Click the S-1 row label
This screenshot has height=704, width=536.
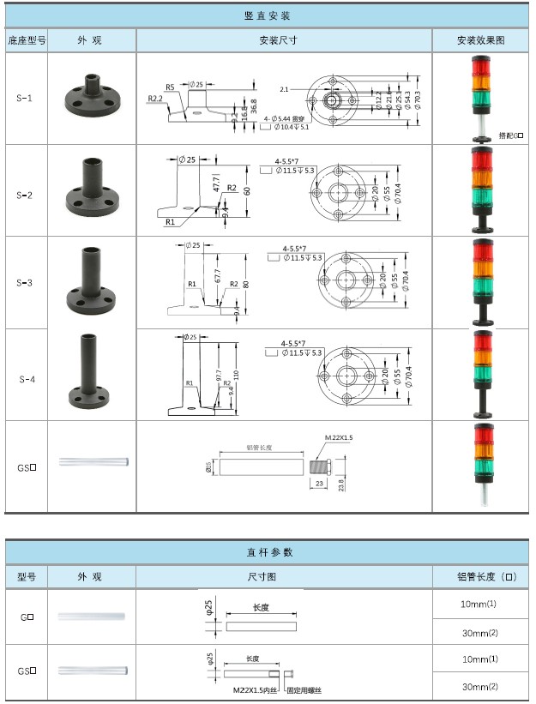click(x=25, y=99)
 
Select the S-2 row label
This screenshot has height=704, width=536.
click(x=25, y=195)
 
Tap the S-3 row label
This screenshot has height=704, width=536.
click(x=25, y=282)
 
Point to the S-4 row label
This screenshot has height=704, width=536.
click(x=27, y=378)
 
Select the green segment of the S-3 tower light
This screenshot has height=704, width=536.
click(x=481, y=286)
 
